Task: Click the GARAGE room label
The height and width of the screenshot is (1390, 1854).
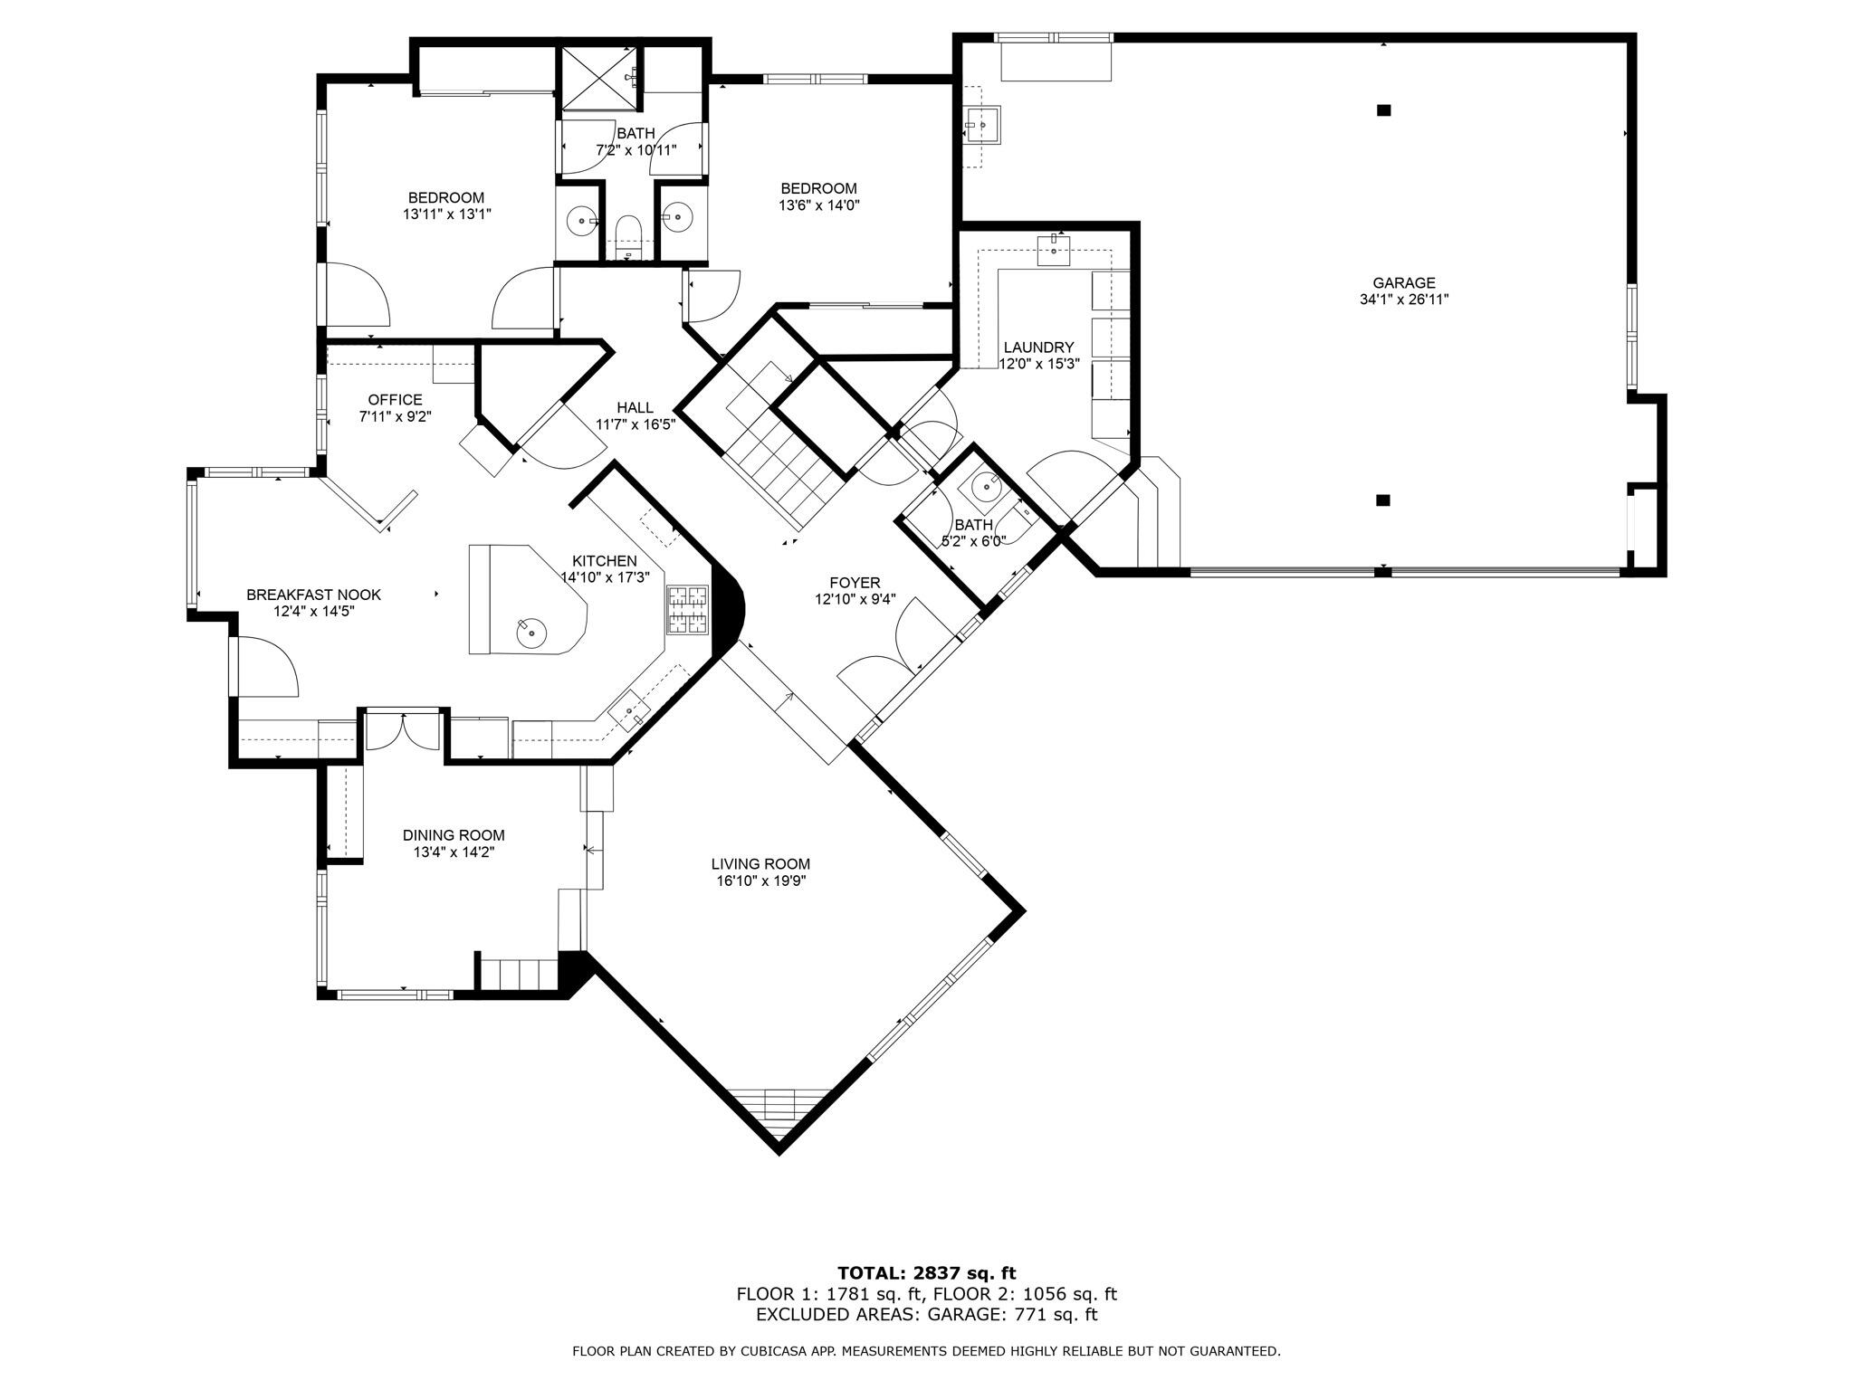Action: pyautogui.click(x=1403, y=283)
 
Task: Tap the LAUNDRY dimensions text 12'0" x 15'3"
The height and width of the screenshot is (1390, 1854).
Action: pyautogui.click(x=1037, y=364)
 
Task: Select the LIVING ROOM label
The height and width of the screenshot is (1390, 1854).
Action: pyautogui.click(x=760, y=864)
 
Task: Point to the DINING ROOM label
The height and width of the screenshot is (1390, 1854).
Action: pyautogui.click(x=453, y=835)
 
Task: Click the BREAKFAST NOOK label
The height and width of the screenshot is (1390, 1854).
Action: pyautogui.click(x=313, y=595)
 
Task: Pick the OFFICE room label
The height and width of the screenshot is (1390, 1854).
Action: pyautogui.click(x=395, y=400)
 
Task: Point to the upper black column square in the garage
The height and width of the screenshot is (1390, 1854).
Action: pyautogui.click(x=1382, y=110)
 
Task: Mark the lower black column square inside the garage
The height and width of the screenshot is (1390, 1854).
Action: pyautogui.click(x=1382, y=500)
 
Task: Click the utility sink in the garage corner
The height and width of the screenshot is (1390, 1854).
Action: pyautogui.click(x=980, y=124)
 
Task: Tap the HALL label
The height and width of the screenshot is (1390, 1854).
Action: pyautogui.click(x=635, y=408)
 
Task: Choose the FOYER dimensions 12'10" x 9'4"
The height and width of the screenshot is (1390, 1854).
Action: pyautogui.click(x=855, y=599)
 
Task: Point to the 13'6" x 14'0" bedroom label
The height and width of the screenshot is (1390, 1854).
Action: pyautogui.click(x=818, y=188)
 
